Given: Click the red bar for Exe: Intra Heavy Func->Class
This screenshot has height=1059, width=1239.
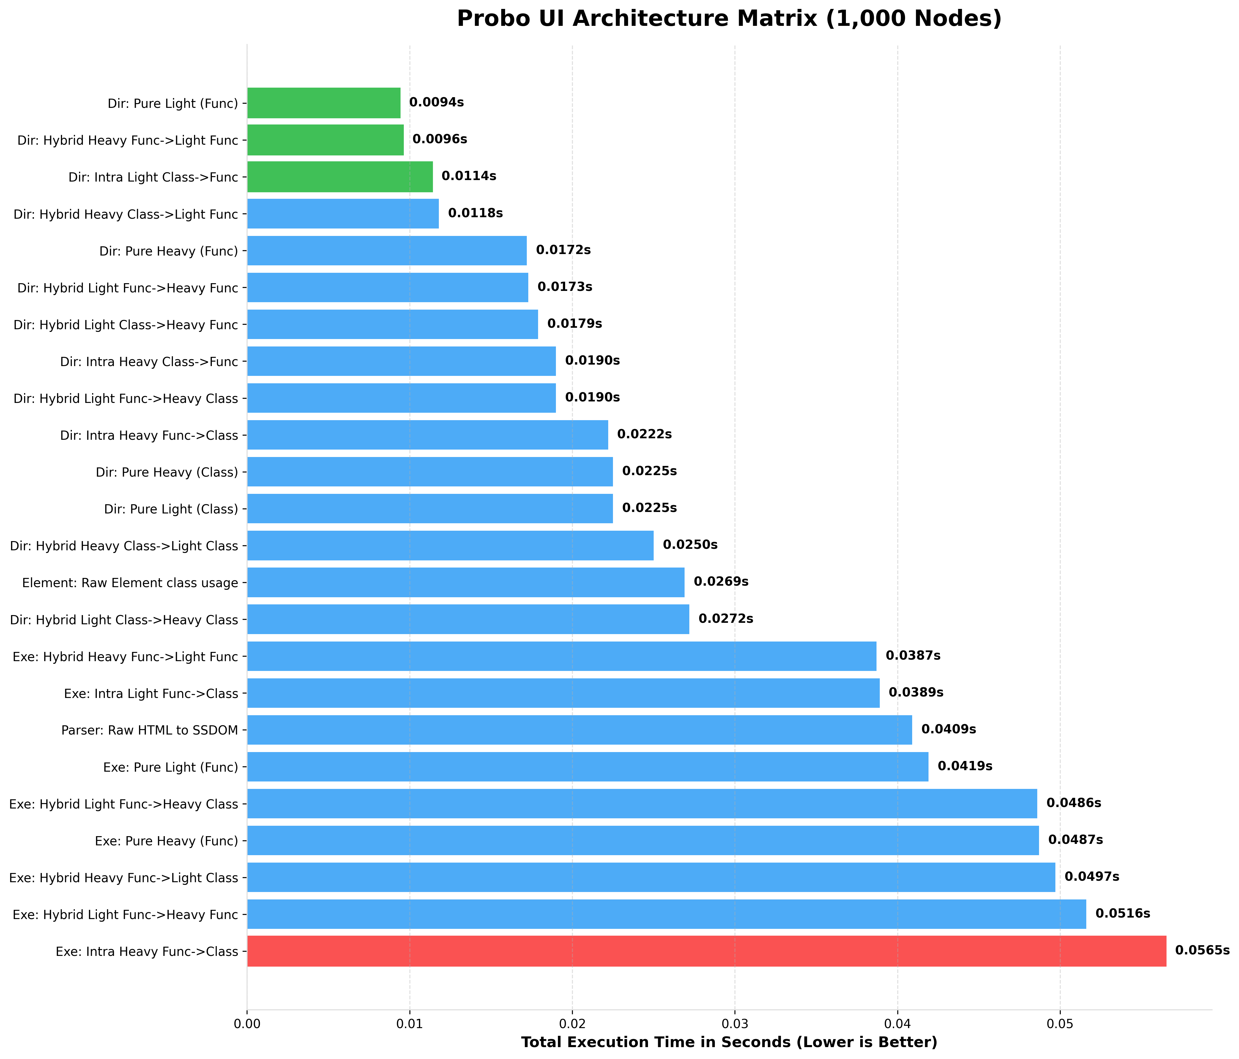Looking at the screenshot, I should [706, 951].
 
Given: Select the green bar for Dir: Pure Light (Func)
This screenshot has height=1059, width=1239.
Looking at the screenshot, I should [324, 103].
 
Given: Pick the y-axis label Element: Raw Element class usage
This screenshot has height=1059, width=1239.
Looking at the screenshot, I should [130, 582].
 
